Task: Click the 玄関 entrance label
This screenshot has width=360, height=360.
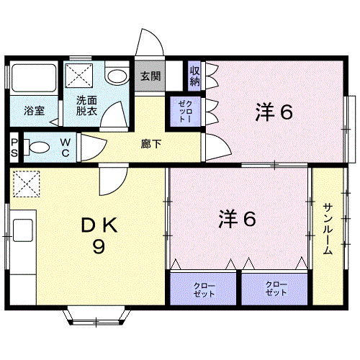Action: click(150, 76)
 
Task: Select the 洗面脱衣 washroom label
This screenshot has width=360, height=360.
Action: click(88, 107)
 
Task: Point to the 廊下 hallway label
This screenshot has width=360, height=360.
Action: click(151, 142)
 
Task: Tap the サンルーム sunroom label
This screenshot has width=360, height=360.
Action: click(328, 229)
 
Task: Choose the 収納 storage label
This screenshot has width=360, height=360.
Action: click(194, 75)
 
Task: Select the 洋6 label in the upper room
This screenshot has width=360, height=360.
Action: click(274, 113)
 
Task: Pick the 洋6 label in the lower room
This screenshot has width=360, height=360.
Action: click(237, 219)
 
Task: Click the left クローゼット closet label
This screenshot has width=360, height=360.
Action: click(204, 290)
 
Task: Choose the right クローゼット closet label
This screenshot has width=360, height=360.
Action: click(276, 290)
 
